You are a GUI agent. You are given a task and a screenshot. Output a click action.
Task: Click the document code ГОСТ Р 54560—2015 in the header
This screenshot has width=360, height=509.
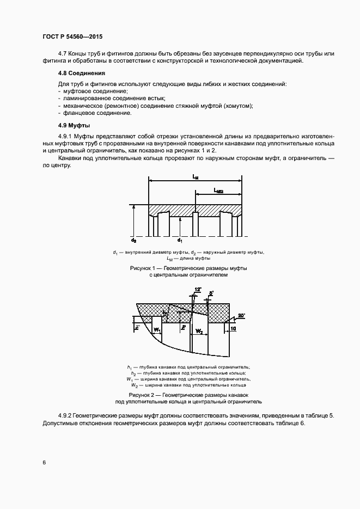72,36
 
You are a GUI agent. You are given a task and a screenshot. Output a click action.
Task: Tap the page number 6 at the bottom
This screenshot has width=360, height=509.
44,463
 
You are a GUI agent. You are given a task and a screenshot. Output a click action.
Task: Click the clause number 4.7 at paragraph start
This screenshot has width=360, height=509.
62,53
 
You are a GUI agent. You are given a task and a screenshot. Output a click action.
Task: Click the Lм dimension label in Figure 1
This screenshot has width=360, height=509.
195,177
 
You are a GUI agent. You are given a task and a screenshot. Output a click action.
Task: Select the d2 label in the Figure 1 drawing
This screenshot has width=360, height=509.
133,240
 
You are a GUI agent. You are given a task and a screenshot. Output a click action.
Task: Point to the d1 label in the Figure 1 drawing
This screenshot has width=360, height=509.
180,240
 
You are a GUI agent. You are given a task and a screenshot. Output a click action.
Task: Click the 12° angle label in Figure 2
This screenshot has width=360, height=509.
197,289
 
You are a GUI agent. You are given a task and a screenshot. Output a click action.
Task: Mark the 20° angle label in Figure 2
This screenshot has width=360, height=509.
241,315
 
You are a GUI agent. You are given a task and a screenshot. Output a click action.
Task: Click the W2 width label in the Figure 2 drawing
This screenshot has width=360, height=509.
199,330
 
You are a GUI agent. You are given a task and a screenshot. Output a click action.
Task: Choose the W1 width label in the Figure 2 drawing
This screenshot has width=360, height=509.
157,330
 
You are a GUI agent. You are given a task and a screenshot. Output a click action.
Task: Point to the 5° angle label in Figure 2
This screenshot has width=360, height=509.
211,293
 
